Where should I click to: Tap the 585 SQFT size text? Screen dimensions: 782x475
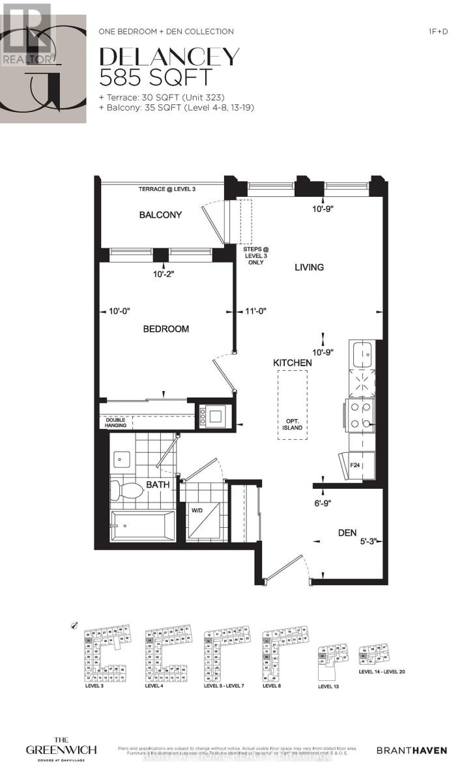(156, 78)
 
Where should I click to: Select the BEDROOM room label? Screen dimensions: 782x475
(166, 329)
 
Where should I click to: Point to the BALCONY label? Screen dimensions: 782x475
(160, 215)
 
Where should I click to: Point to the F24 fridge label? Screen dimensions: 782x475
(355, 465)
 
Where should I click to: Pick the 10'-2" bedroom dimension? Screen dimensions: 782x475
(163, 274)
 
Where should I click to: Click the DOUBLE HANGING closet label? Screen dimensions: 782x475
(115, 422)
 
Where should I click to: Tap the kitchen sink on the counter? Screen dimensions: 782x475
(362, 355)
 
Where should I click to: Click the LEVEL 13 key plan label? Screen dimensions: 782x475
(330, 686)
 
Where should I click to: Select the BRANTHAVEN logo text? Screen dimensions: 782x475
(412, 751)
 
